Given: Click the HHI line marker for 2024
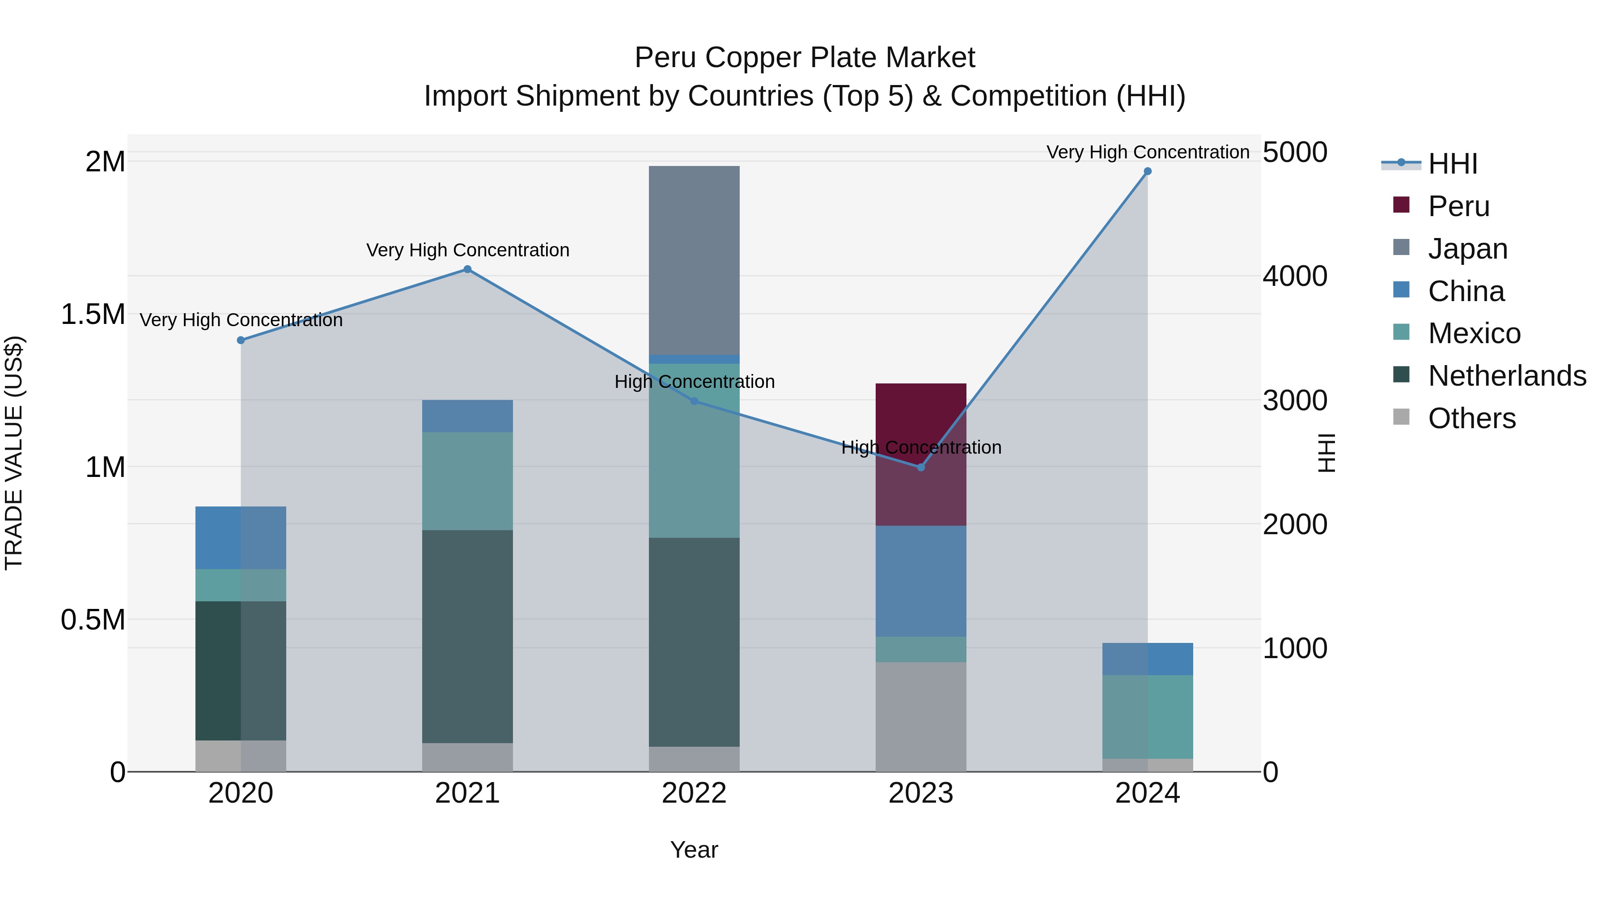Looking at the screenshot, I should pyautogui.click(x=1148, y=171).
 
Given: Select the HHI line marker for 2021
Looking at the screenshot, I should pyautogui.click(x=467, y=269).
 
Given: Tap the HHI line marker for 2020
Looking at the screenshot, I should pyautogui.click(x=241, y=340).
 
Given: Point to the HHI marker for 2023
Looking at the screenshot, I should pyautogui.click(x=921, y=468).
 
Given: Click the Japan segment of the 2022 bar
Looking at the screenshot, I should pyautogui.click(x=694, y=260).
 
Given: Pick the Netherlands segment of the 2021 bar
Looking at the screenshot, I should pyautogui.click(x=467, y=637).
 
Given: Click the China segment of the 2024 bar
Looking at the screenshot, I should pyautogui.click(x=1148, y=659).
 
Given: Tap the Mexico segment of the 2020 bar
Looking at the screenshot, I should pyautogui.click(x=241, y=585).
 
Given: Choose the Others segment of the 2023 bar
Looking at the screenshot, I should pyautogui.click(x=921, y=717).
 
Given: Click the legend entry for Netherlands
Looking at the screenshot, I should pyautogui.click(x=1507, y=376).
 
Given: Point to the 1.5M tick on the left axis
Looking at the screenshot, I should pyautogui.click(x=93, y=315).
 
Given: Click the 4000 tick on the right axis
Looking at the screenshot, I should pyautogui.click(x=1295, y=276).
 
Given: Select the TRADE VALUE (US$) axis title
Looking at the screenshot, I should pyautogui.click(x=14, y=453).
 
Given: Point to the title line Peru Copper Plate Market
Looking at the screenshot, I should pyautogui.click(x=805, y=58).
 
